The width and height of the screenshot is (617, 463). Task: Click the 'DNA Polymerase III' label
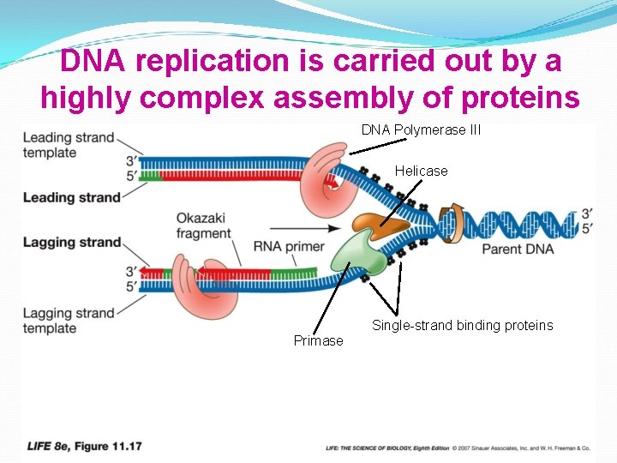[421, 130]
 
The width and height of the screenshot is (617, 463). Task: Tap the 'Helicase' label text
[421, 171]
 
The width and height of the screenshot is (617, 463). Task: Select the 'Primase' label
[318, 340]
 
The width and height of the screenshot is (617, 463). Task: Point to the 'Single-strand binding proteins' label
[462, 326]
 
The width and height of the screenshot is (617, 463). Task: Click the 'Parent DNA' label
[518, 250]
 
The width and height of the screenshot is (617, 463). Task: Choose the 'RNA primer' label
[289, 247]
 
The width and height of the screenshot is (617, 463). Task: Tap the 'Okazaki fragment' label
[203, 225]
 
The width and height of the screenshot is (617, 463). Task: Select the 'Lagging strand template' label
[69, 321]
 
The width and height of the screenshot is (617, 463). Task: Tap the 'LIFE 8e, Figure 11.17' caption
[85, 447]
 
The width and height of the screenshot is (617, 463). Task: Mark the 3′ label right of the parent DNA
[587, 213]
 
